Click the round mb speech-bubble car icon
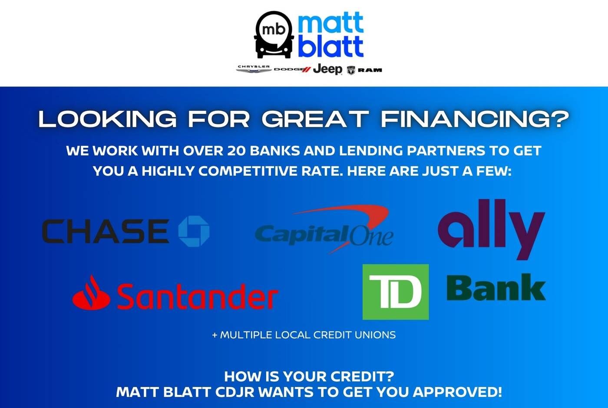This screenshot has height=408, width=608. click(274, 34)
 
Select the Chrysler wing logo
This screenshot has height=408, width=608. click(254, 69)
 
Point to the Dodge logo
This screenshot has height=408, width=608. click(292, 70)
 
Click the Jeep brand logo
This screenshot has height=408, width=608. click(327, 69)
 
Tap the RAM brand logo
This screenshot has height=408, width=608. click(364, 70)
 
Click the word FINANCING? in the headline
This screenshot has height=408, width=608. click(475, 119)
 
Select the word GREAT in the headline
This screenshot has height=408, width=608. click(315, 119)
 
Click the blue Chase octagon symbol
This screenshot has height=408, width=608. click(194, 231)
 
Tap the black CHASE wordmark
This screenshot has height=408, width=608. click(105, 231)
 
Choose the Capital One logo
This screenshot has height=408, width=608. click(324, 229)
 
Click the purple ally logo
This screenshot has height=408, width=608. click(492, 229)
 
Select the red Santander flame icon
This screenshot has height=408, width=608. click(91, 293)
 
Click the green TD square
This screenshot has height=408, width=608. click(396, 292)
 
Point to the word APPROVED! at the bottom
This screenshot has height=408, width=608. click(457, 392)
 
